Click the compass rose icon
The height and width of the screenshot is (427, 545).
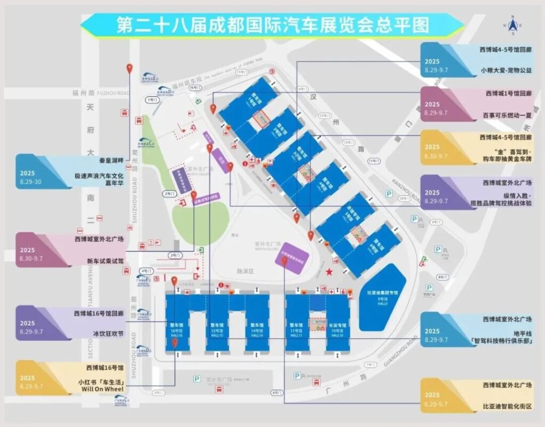[x=513, y=25]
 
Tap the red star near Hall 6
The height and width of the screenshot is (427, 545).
[x=330, y=273]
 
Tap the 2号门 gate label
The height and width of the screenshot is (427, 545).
[x=170, y=194]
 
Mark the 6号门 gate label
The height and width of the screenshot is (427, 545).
[x=276, y=392]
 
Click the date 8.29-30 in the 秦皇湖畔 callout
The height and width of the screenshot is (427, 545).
[x=31, y=182]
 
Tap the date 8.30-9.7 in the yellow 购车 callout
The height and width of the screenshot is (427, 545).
[x=436, y=157]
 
